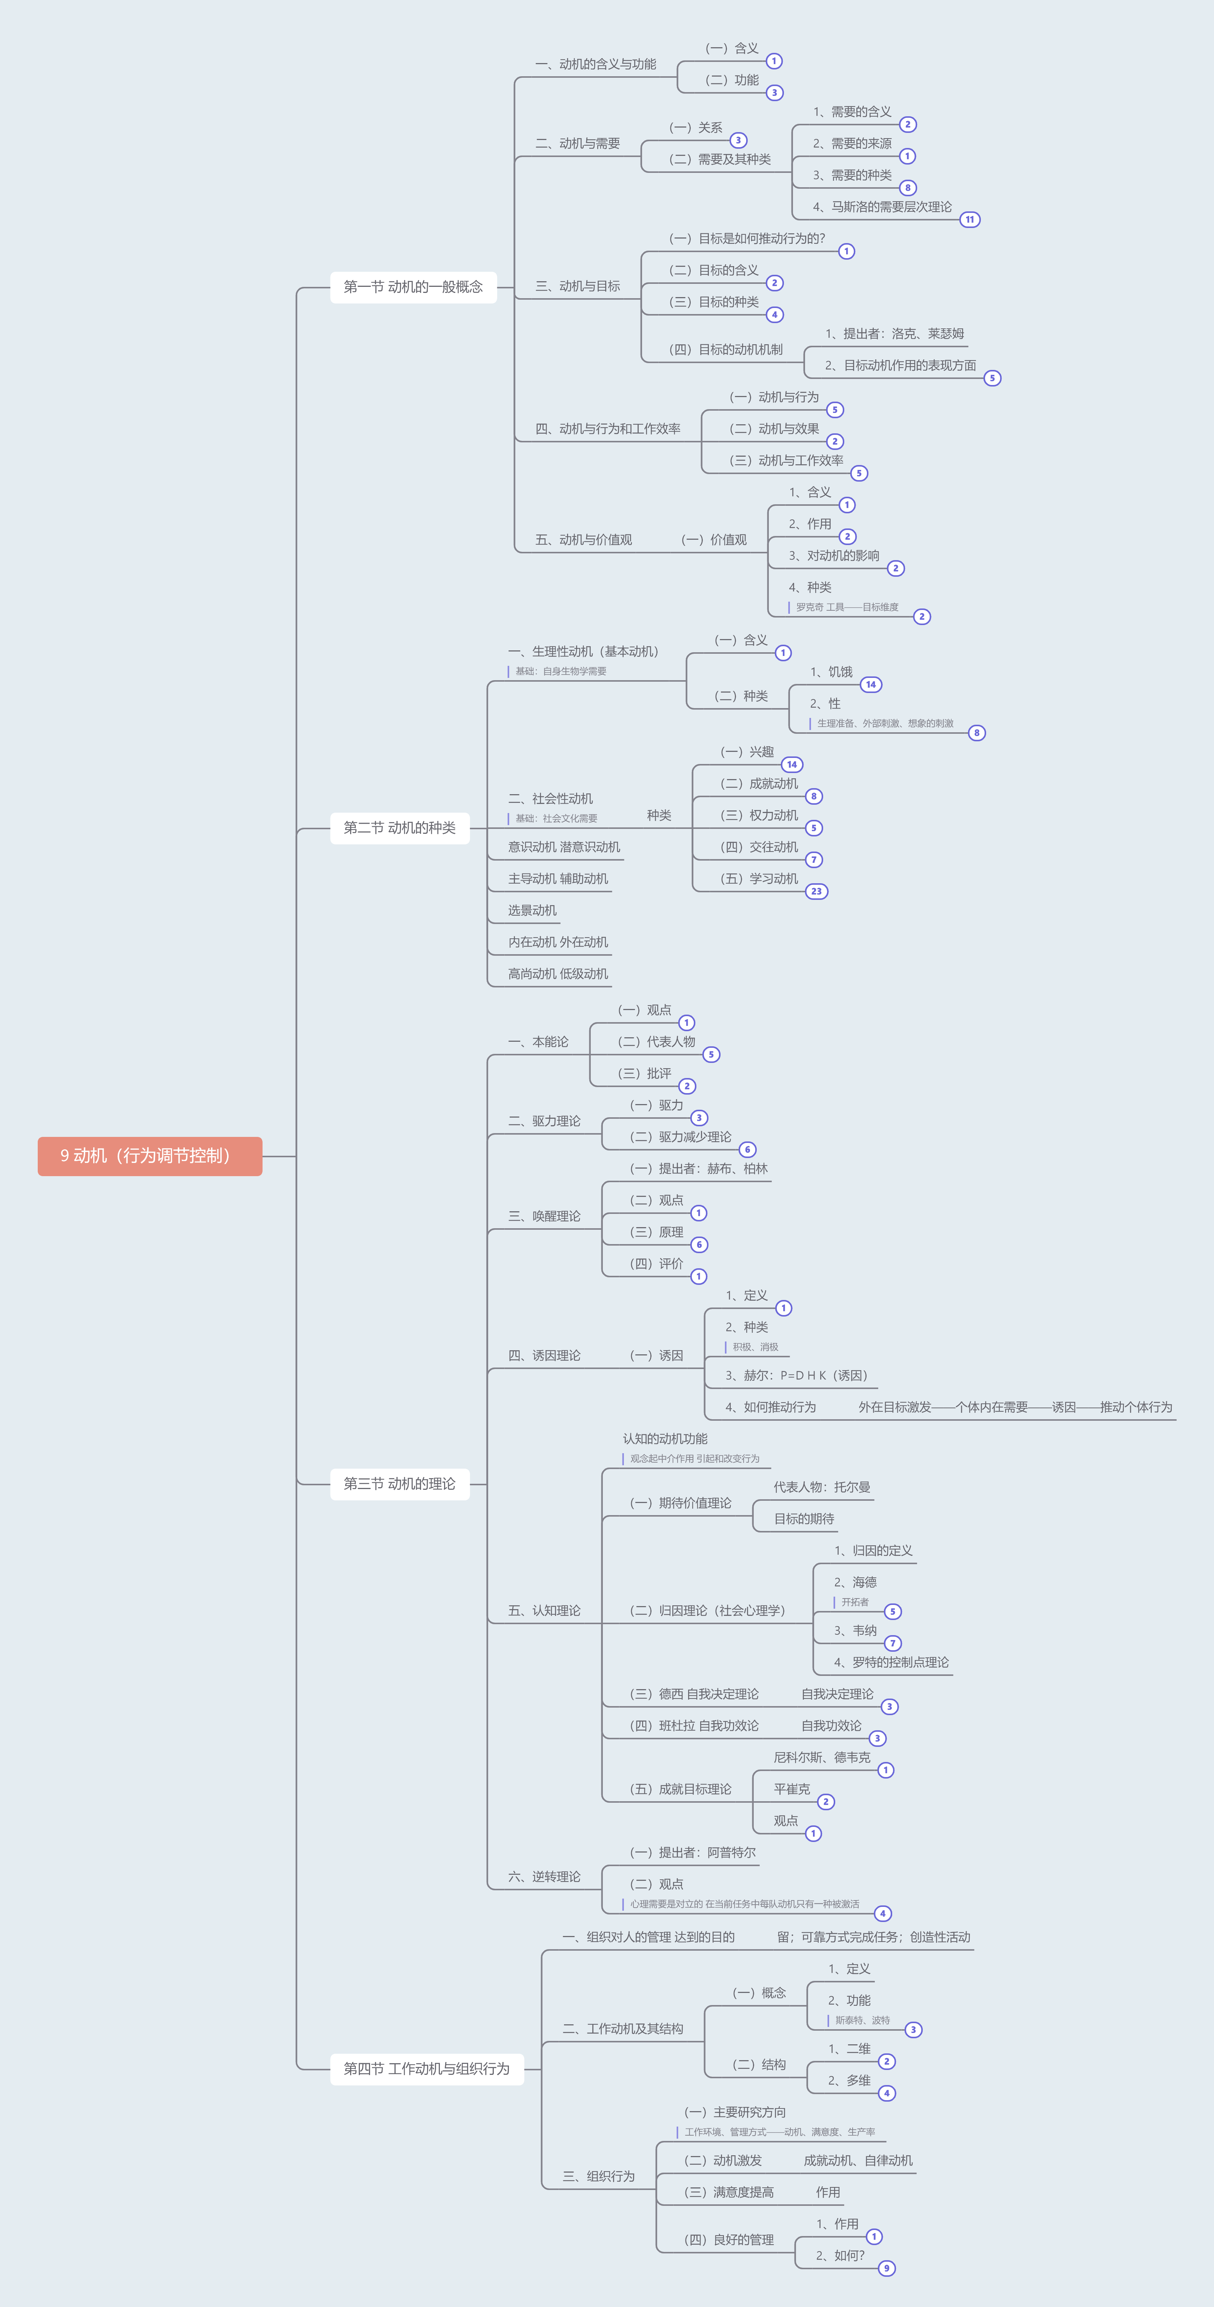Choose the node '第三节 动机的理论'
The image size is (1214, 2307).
[x=399, y=1484]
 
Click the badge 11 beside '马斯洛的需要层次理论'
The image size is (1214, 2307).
[x=970, y=219]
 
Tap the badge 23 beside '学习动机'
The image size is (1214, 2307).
[x=816, y=891]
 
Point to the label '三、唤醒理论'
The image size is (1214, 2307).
[x=544, y=1216]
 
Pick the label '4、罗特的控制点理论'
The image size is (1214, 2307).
[x=892, y=1662]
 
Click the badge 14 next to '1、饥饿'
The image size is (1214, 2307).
[x=871, y=684]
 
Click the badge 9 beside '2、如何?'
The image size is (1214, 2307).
[x=886, y=2268]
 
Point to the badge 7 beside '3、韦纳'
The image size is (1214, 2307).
[x=893, y=1643]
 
